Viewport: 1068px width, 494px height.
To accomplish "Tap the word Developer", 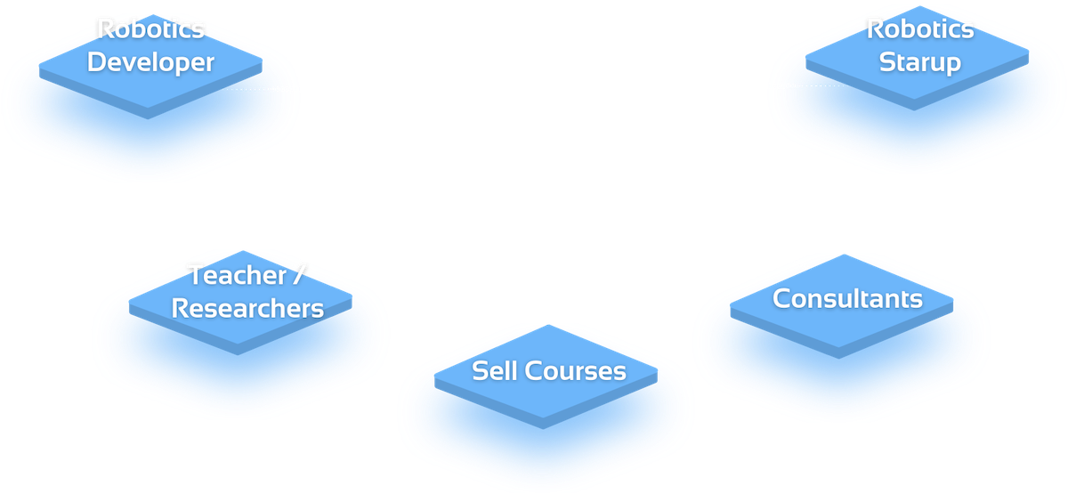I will pyautogui.click(x=151, y=63).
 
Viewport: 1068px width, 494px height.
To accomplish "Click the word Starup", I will pyautogui.click(x=919, y=63).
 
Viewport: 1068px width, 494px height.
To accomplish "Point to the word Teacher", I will pyautogui.click(x=236, y=275).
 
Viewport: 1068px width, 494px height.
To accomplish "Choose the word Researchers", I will pyautogui.click(x=247, y=308).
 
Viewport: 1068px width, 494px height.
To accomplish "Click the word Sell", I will pyautogui.click(x=494, y=370).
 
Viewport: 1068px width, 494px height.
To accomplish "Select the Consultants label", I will pyautogui.click(x=847, y=298).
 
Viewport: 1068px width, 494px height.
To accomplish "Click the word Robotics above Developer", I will pyautogui.click(x=151, y=29).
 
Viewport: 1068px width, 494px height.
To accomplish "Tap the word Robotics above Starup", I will pyautogui.click(x=920, y=29).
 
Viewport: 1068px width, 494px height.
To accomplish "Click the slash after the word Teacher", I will pyautogui.click(x=297, y=275).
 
